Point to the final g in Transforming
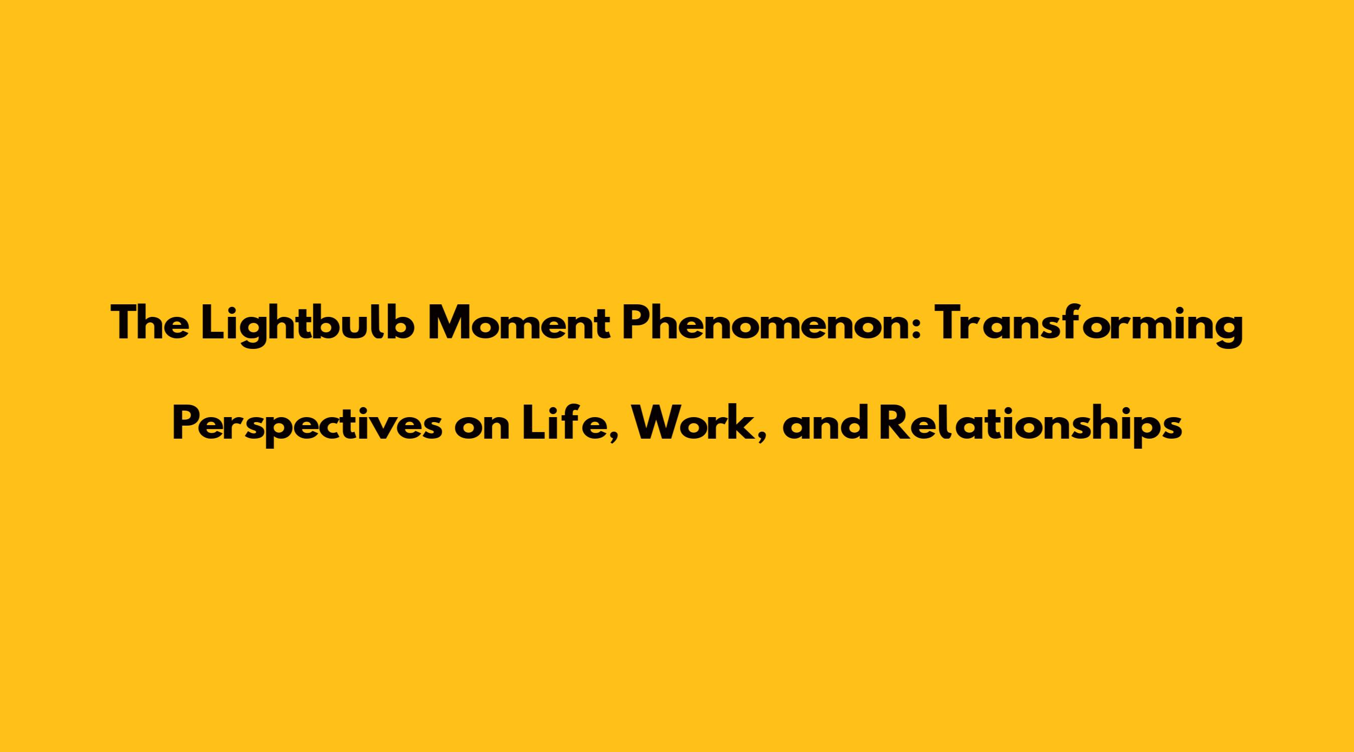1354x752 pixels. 1229,333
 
